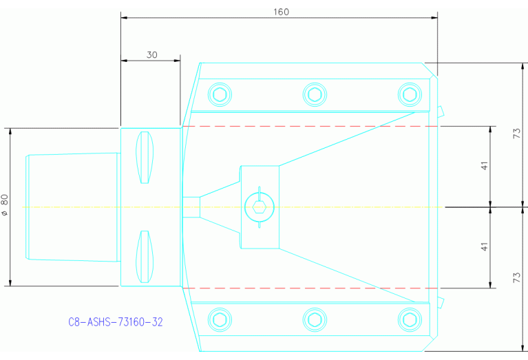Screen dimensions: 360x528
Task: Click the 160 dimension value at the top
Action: click(280, 12)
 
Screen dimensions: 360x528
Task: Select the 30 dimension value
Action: click(151, 55)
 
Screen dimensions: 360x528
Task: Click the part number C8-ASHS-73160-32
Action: click(116, 321)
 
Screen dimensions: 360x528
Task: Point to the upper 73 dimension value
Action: click(517, 134)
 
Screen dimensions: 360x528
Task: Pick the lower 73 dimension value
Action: click(517, 277)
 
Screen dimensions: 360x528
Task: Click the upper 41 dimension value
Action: click(485, 166)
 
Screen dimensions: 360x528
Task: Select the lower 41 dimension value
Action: click(485, 246)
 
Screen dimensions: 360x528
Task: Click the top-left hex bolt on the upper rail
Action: click(220, 94)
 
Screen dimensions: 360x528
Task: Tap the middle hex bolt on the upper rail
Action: click(315, 94)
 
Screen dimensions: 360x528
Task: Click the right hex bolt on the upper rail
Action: click(410, 94)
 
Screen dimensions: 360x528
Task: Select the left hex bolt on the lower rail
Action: click(220, 319)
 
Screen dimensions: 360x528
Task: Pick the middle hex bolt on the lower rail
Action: click(315, 319)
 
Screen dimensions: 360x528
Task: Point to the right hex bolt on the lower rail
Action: click(410, 319)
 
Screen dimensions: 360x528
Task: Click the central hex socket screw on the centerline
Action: click(259, 207)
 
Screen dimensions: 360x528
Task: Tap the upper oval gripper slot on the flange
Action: click(144, 156)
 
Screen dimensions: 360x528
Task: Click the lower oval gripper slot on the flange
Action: click(144, 257)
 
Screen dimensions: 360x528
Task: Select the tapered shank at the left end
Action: click(72, 207)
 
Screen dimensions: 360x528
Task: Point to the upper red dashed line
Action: click(310, 127)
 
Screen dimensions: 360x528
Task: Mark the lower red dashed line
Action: click(310, 288)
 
